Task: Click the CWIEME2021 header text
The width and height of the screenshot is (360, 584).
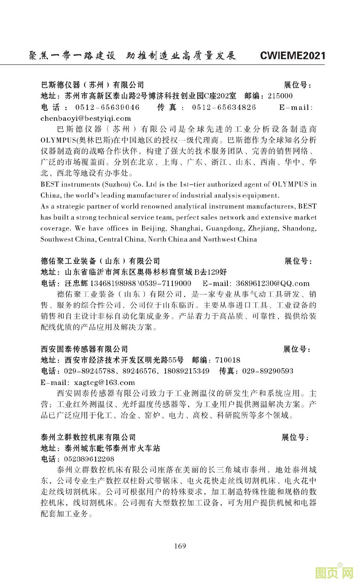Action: (292, 56)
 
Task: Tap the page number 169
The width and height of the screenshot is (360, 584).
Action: (180, 546)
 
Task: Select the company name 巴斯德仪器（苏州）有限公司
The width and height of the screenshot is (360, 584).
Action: (92, 85)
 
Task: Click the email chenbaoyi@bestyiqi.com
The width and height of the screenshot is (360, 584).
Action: (86, 118)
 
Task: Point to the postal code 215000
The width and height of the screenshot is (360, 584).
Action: (280, 96)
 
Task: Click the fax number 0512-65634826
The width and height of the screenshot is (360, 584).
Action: (224, 107)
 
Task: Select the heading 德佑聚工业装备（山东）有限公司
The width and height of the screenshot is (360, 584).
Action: (100, 261)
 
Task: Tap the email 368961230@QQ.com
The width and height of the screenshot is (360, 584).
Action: (273, 283)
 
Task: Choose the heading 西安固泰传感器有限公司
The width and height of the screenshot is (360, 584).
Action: (84, 349)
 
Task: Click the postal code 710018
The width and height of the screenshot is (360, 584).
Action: (228, 360)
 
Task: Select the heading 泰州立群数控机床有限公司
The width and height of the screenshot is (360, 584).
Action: (88, 437)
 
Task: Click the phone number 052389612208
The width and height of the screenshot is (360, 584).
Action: (89, 459)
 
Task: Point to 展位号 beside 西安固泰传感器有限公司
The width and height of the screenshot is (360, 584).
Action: (297, 349)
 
